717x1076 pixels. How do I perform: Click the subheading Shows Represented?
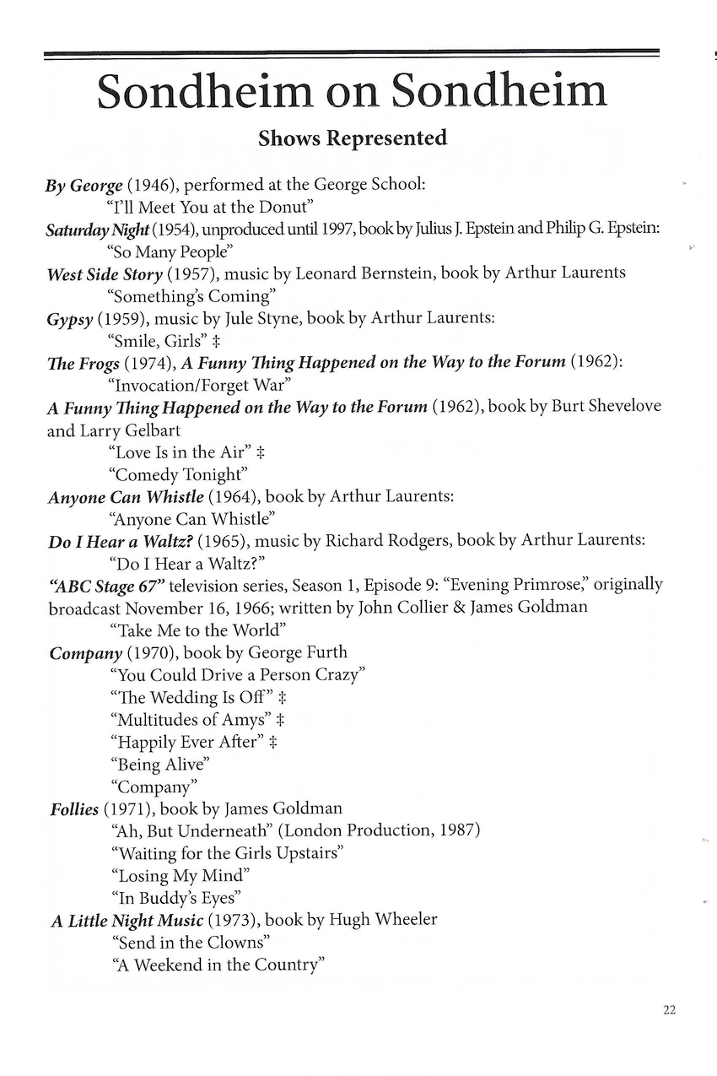353,138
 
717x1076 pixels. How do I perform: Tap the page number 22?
670,1010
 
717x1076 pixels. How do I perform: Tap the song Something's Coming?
193,296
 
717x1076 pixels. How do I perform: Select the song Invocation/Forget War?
200,386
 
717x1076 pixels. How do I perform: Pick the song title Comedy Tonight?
173,474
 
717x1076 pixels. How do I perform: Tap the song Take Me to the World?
198,630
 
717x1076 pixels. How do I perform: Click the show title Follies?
73,809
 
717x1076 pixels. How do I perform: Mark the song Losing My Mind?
180,875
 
